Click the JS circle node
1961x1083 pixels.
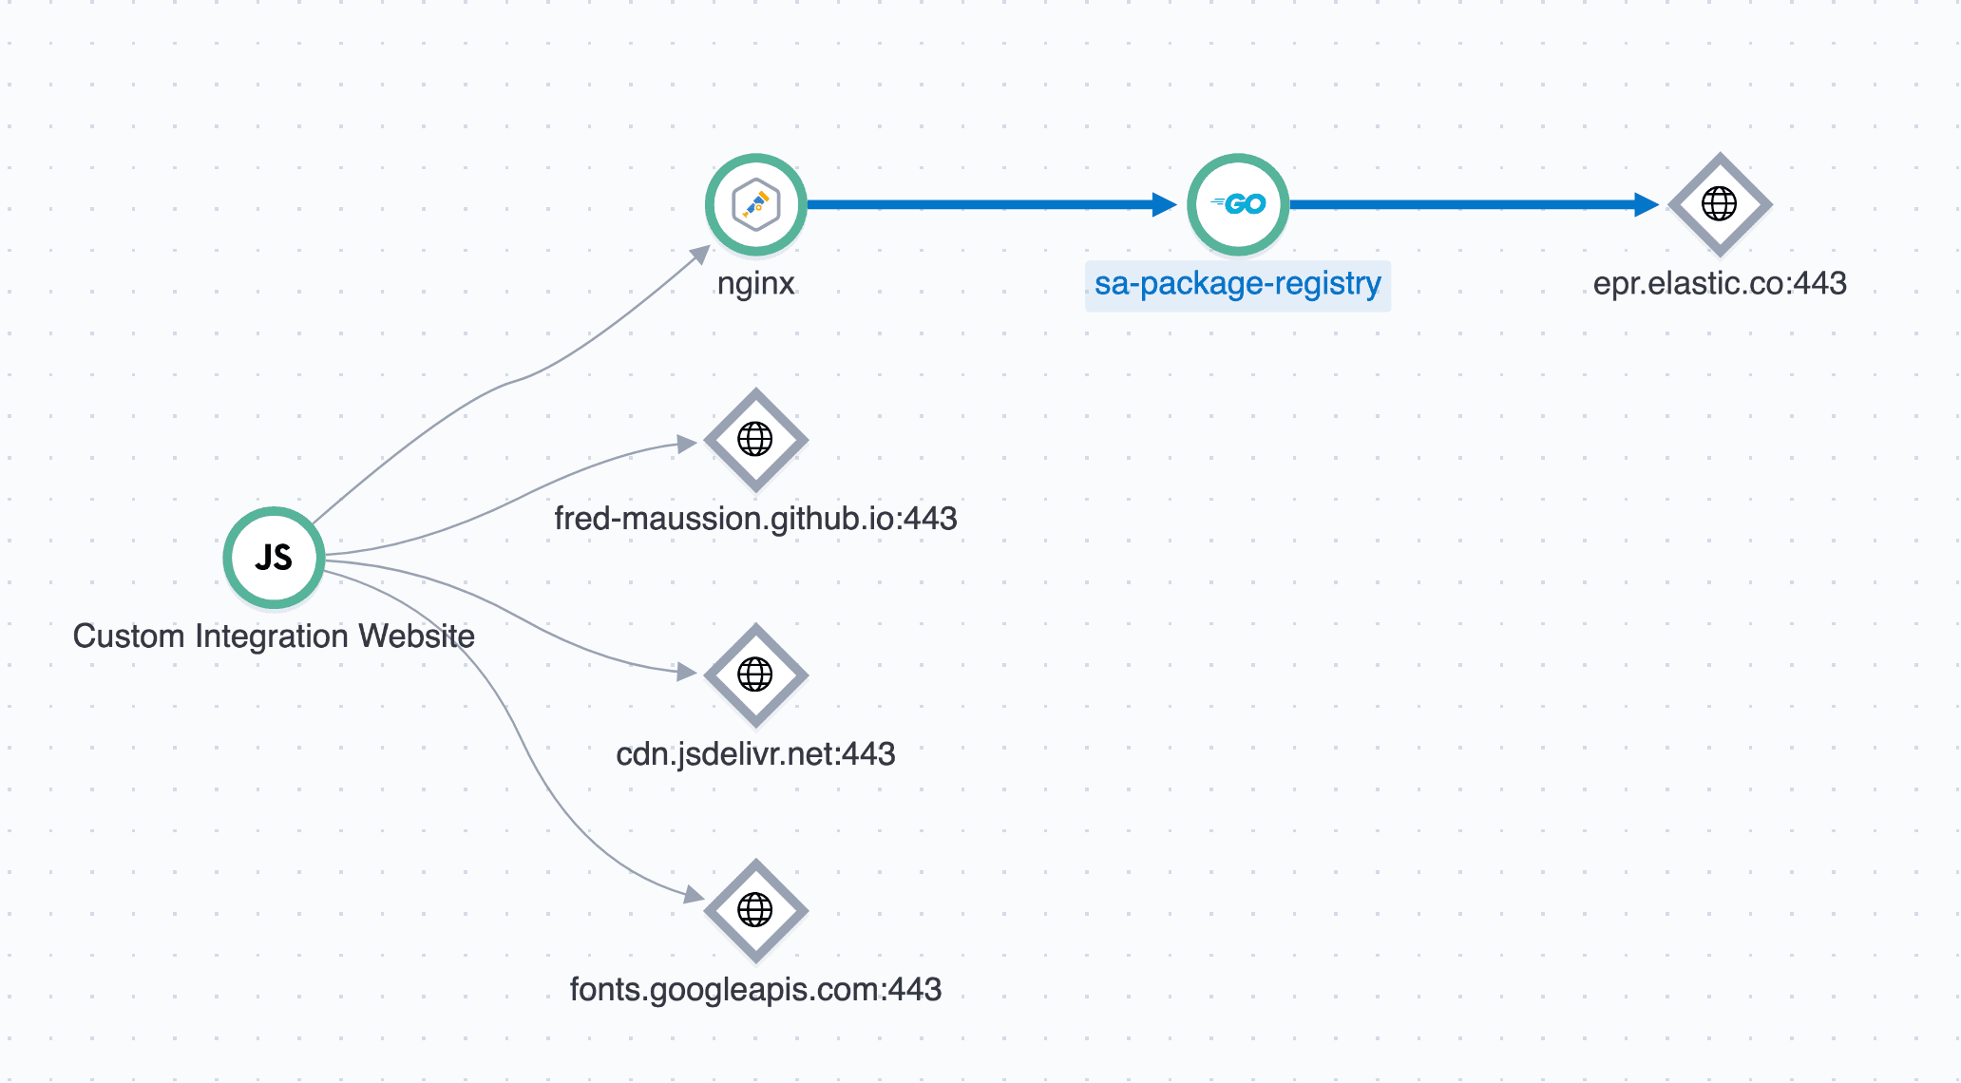(x=274, y=558)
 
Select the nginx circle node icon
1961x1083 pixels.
(x=755, y=204)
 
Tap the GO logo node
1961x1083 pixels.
(x=1238, y=204)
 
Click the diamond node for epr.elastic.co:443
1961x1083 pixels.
(x=1720, y=204)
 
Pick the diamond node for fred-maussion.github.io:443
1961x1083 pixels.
(x=755, y=440)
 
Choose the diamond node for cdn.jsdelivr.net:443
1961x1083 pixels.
(x=755, y=674)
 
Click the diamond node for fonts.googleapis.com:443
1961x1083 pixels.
(x=755, y=910)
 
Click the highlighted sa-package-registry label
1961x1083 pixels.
(x=1237, y=284)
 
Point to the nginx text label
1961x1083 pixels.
(x=755, y=284)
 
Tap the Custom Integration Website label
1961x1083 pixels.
(x=274, y=636)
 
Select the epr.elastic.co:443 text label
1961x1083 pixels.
(x=1720, y=284)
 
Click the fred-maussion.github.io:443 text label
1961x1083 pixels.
(x=755, y=519)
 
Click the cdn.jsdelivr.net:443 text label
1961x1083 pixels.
(x=755, y=754)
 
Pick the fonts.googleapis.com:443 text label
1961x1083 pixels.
(x=755, y=990)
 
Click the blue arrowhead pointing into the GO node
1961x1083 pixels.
(x=1163, y=204)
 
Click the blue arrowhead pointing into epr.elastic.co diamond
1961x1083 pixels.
(x=1646, y=204)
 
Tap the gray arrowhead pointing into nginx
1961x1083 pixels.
(x=701, y=254)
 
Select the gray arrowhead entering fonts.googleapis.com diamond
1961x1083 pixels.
(x=694, y=894)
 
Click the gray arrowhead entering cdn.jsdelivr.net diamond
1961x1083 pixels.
(x=687, y=672)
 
